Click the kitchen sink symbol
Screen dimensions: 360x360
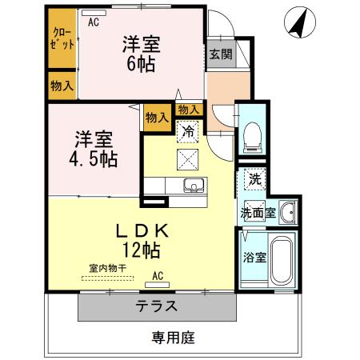(x=193, y=187)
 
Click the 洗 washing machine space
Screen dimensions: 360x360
(x=253, y=179)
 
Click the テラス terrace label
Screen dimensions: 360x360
(x=156, y=306)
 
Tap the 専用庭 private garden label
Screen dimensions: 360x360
(x=174, y=338)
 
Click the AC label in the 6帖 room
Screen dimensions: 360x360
(x=94, y=22)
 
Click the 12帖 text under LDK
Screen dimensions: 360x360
(x=142, y=250)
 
